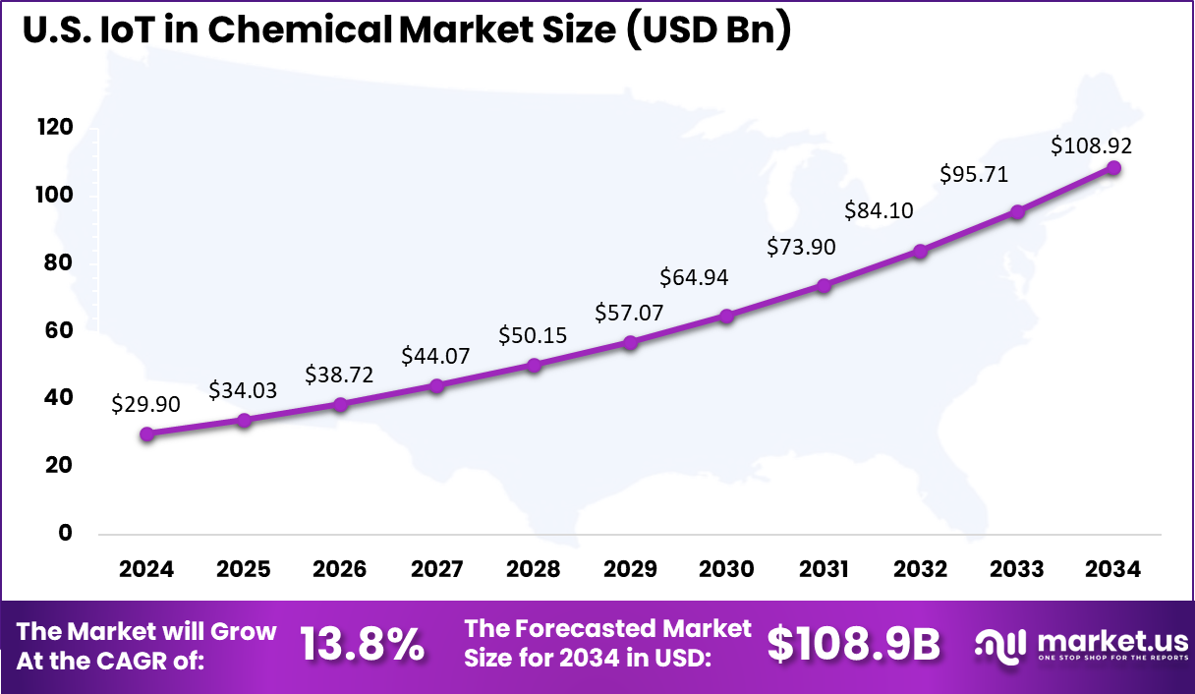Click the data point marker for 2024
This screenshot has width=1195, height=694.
[x=146, y=434]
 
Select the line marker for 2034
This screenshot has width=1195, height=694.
[x=1113, y=167]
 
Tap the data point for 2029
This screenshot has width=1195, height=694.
[x=630, y=342]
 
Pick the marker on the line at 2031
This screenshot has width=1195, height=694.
[x=824, y=285]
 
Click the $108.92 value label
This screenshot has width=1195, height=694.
[x=1091, y=145]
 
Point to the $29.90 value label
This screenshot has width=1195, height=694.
[x=145, y=403]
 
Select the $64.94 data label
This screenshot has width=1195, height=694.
[x=694, y=277]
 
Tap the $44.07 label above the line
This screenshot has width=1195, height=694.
[x=435, y=356]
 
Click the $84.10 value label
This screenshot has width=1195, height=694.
[x=878, y=210]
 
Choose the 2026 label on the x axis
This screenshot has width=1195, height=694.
[x=340, y=570]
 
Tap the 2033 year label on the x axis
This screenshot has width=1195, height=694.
[x=1017, y=570]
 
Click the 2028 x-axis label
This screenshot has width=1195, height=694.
[x=534, y=570]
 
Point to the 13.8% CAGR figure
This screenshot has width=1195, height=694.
[x=362, y=645]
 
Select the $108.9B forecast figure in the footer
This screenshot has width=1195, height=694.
[x=853, y=645]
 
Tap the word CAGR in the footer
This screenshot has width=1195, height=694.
[x=167, y=661]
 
